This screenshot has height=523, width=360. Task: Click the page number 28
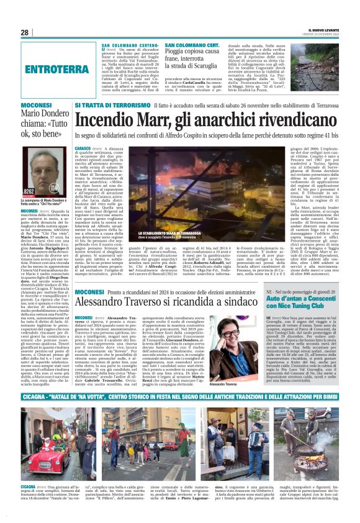point(25,32)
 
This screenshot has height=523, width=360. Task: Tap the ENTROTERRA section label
point(55,69)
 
